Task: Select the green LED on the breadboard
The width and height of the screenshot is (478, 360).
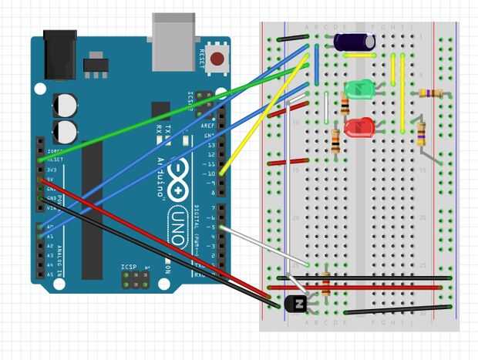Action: click(x=358, y=90)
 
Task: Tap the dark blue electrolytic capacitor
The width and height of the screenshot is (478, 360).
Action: click(x=355, y=42)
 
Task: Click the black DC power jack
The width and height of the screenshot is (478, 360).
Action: click(x=59, y=54)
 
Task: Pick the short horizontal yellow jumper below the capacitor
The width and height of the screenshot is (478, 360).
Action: click(x=360, y=56)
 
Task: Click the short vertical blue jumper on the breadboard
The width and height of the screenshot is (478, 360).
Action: click(x=316, y=58)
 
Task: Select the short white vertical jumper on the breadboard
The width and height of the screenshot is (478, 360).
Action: click(x=326, y=108)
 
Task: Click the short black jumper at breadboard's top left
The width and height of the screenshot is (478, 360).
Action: click(x=293, y=38)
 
